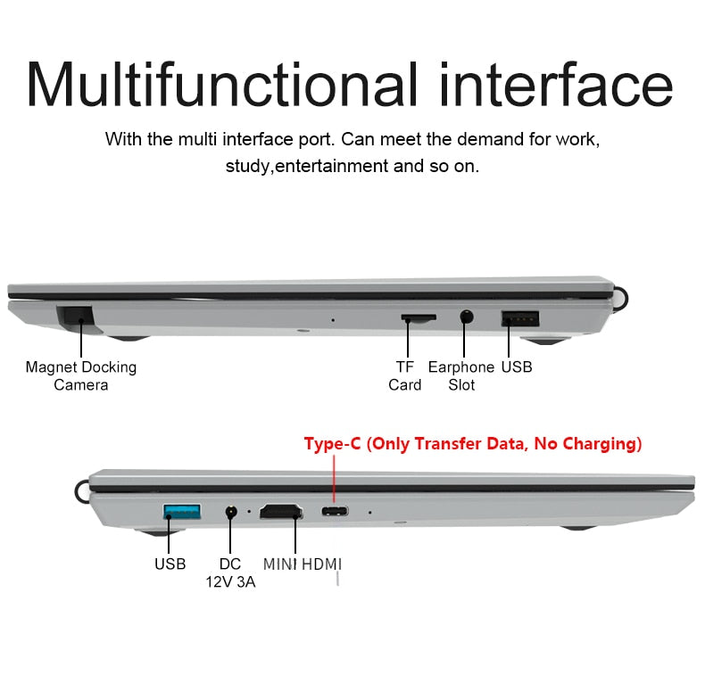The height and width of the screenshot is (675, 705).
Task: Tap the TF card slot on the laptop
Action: click(418, 317)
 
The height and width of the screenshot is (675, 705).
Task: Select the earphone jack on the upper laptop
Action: click(465, 316)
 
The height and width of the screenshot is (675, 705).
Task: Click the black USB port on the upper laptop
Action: click(520, 317)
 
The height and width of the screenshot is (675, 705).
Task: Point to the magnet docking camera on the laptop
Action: click(78, 316)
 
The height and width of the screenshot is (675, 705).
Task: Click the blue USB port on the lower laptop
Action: click(182, 512)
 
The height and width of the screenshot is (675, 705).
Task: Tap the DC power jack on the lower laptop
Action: click(232, 513)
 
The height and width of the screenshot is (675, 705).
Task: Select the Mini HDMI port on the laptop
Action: click(279, 513)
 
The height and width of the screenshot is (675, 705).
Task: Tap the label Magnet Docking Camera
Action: click(81, 375)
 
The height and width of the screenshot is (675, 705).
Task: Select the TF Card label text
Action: click(405, 375)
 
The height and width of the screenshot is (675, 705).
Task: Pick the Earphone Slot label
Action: click(461, 375)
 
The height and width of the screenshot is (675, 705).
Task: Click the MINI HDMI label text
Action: click(302, 564)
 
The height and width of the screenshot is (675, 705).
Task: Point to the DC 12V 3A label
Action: click(230, 573)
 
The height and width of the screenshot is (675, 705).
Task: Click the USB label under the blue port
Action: click(170, 564)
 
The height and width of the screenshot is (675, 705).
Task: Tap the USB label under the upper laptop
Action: click(517, 366)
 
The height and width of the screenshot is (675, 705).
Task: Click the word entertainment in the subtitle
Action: click(331, 166)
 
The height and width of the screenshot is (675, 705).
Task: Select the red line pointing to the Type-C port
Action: click(335, 477)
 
